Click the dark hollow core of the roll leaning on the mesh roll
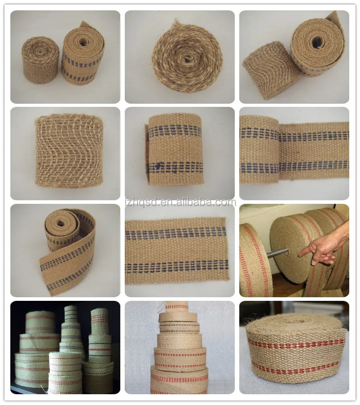317,42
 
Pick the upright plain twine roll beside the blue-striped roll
41,60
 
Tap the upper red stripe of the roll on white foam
296,344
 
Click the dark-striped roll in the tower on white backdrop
178,327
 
